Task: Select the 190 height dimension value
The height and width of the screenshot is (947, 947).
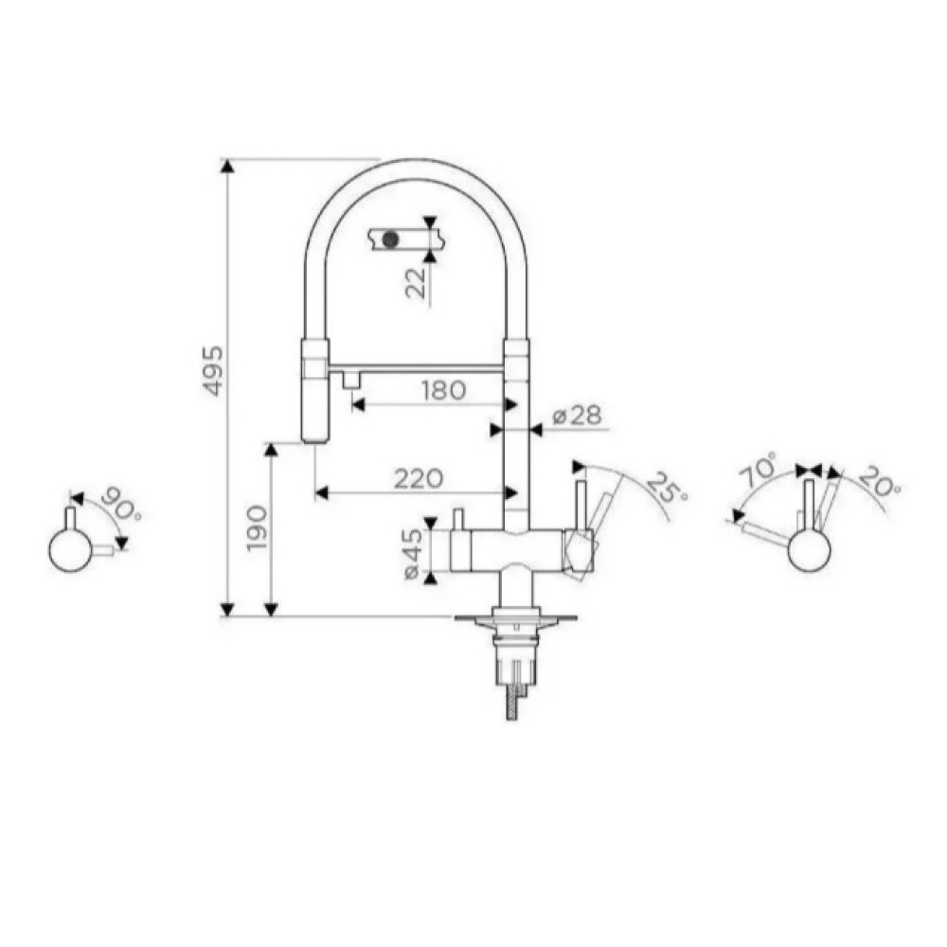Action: click(258, 527)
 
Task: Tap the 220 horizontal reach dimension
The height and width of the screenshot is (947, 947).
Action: click(419, 479)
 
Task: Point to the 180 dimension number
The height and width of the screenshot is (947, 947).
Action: click(443, 390)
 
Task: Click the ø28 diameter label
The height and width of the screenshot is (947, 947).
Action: click(578, 416)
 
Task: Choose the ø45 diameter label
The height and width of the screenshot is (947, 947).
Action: click(413, 554)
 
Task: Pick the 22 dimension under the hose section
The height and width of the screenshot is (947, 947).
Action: click(416, 282)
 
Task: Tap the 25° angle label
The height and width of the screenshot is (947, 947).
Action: click(668, 487)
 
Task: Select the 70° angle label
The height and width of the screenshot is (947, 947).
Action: click(758, 470)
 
